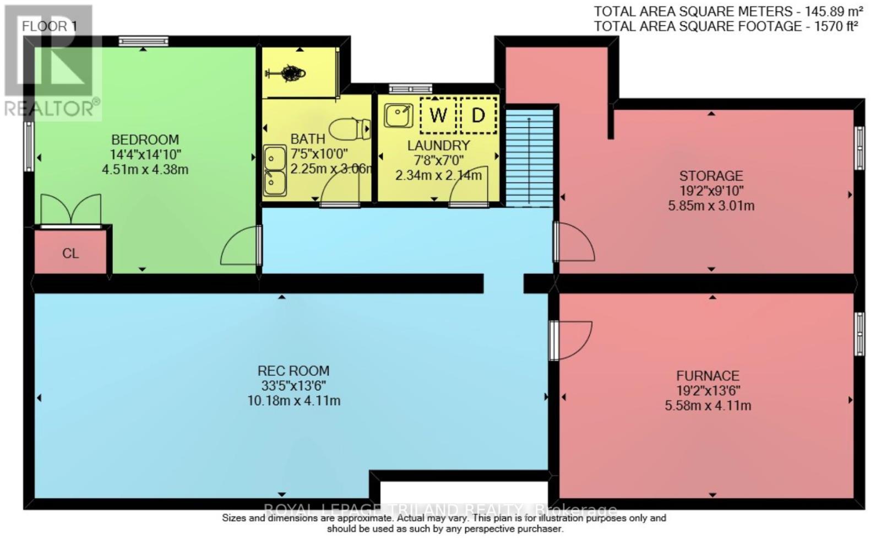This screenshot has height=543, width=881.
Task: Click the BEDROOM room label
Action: [145, 139]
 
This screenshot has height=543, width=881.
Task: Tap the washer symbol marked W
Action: [438, 115]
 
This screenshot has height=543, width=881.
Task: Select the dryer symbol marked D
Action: [478, 115]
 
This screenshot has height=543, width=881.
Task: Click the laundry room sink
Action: [398, 115]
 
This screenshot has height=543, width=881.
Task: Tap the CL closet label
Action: [70, 254]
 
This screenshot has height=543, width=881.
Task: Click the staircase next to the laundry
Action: [529, 157]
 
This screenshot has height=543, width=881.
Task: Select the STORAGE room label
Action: [711, 176]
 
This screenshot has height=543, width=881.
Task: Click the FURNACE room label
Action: [708, 376]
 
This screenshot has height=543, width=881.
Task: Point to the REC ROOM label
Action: [293, 371]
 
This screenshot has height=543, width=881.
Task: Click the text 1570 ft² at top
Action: [836, 26]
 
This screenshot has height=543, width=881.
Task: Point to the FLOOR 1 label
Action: [48, 26]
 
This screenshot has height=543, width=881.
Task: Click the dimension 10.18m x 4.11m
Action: [293, 401]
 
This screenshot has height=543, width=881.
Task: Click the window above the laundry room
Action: [411, 88]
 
